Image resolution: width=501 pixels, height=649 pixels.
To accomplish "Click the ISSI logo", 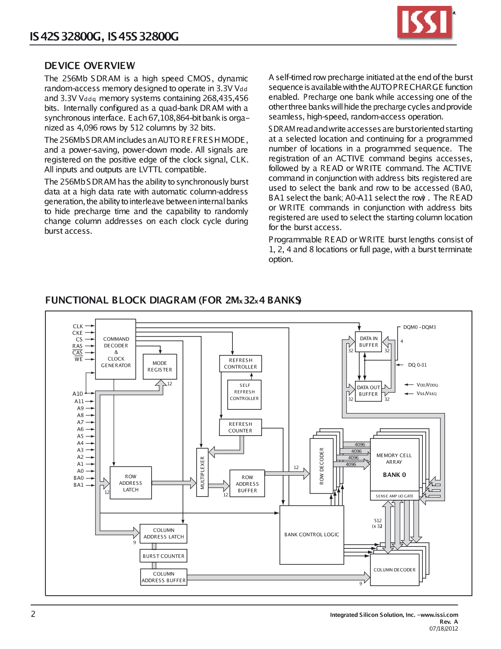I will (x=425, y=22).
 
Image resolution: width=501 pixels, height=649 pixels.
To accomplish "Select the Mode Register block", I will (x=160, y=366).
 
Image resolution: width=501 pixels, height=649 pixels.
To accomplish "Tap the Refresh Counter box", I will (x=240, y=427).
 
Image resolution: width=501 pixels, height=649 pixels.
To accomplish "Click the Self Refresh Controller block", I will (x=244, y=395).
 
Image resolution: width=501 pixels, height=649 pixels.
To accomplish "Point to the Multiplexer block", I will (x=202, y=472).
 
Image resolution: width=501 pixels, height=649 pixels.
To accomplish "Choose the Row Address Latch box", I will (x=131, y=483).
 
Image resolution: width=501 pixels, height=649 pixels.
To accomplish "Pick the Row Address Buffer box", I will (x=247, y=483).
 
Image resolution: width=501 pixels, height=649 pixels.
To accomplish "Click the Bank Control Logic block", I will (x=312, y=535).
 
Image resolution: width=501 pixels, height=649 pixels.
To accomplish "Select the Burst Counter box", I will (x=163, y=556).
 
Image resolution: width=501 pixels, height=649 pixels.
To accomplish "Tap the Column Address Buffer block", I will (x=164, y=577).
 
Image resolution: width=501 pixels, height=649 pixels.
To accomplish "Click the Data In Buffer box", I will (x=368, y=342).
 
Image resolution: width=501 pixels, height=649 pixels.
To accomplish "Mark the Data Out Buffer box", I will (x=368, y=391).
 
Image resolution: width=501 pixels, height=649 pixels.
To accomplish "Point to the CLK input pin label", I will (x=78, y=326).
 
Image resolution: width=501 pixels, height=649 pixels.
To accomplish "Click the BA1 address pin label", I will (x=79, y=485).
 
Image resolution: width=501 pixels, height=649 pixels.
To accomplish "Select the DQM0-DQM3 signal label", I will (x=419, y=327).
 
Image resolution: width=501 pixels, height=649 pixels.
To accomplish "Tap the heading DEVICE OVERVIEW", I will (x=90, y=66).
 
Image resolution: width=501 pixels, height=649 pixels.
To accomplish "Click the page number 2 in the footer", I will (x=33, y=614).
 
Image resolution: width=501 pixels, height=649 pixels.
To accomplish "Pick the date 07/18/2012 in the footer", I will (x=444, y=628).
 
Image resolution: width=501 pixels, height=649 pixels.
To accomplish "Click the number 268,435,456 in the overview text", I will (x=225, y=98).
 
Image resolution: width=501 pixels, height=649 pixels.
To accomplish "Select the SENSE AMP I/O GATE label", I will (x=394, y=496).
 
